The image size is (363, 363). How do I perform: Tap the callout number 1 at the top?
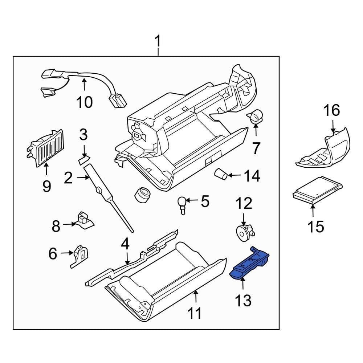[158, 43]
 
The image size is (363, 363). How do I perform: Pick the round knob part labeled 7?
[257, 117]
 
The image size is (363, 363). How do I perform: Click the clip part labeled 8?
[83, 220]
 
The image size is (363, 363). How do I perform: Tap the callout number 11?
[195, 313]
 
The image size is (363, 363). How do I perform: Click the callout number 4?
[125, 244]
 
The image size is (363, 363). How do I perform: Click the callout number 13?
[243, 300]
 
